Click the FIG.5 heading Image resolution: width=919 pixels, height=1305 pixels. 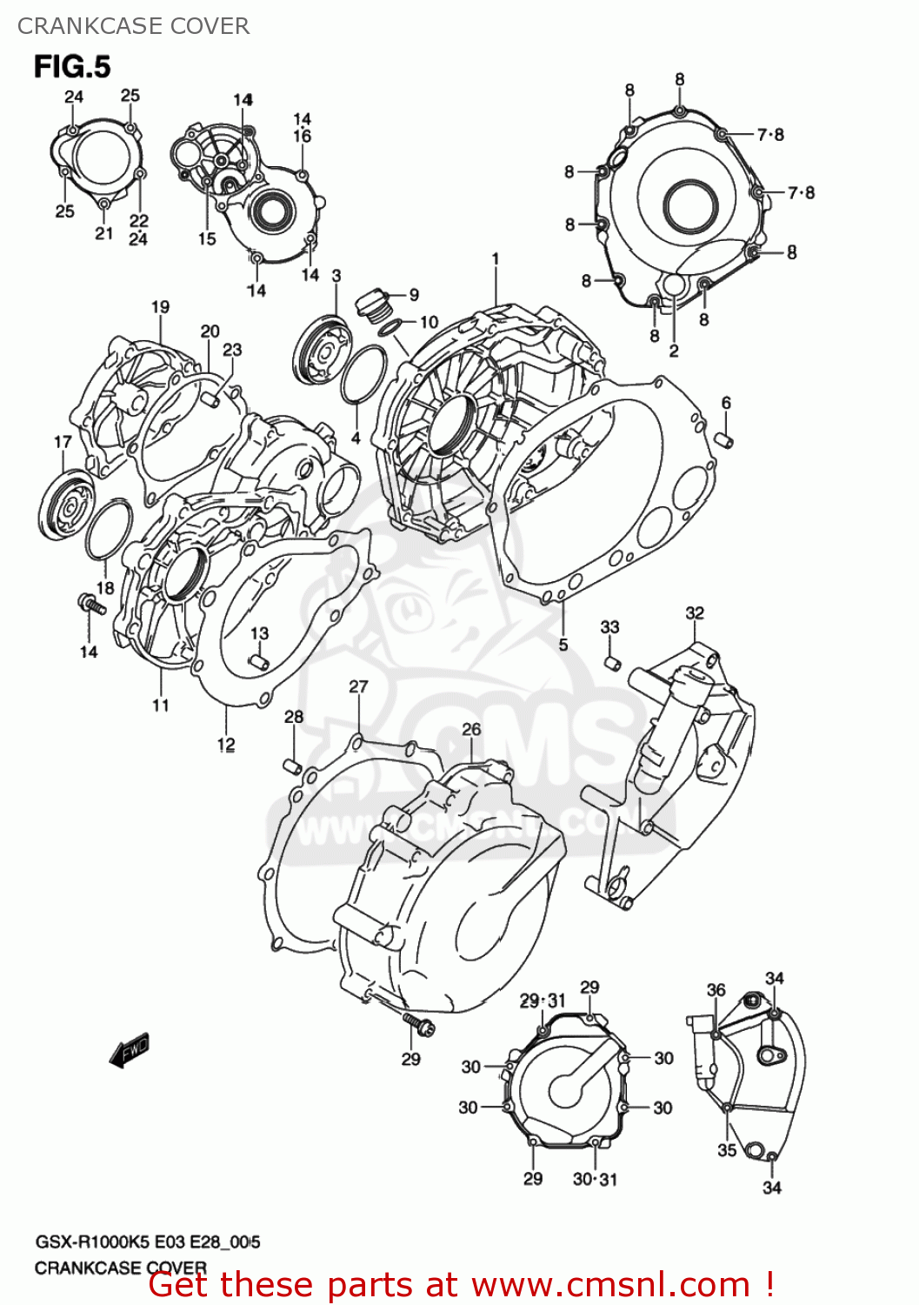pos(73,67)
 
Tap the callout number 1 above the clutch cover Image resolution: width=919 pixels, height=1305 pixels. pos(496,258)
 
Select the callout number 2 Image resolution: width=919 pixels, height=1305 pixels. pos(674,351)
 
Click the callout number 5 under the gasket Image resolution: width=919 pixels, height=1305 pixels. pos(563,645)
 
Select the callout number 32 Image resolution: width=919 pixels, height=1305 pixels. pos(695,612)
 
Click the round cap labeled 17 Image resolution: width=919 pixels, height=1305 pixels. pos(66,505)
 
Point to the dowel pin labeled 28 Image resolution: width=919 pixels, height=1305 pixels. pos(293,766)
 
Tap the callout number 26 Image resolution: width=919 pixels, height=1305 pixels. pos(471,729)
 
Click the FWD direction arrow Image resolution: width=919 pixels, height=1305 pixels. pos(130,1050)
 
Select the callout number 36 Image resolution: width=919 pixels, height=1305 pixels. pos(716,990)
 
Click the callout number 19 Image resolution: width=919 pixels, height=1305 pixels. pos(160,307)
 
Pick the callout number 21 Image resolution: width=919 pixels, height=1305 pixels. pos(104,233)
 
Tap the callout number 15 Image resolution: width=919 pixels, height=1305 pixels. pos(207,238)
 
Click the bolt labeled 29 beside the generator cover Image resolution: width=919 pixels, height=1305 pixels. pos(420,1027)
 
